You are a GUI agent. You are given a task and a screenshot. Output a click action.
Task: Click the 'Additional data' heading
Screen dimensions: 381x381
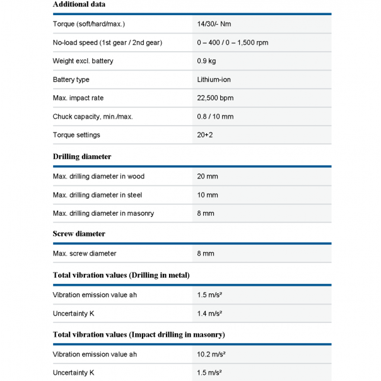[x=79, y=4]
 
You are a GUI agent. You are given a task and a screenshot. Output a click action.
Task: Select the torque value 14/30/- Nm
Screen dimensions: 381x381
[x=216, y=24]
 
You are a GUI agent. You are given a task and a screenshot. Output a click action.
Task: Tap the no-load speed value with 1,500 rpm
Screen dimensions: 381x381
[x=232, y=42]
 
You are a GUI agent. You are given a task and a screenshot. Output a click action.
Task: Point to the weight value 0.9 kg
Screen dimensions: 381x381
[x=206, y=61]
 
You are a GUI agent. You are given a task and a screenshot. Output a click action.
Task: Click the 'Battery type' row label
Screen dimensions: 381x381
[x=71, y=79]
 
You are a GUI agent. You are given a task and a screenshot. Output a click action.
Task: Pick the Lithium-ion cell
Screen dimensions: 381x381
[x=214, y=79]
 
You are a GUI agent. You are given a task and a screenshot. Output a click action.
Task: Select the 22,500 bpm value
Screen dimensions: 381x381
[x=215, y=98]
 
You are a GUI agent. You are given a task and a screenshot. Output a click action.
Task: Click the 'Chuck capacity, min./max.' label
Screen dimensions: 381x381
[x=93, y=117]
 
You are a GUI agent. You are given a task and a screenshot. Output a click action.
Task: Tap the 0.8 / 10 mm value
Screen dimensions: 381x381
[x=215, y=117]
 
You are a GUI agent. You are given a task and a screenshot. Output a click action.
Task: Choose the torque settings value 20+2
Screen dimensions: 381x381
[x=206, y=135]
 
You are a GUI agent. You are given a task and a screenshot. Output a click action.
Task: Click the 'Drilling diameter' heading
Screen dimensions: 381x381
[x=82, y=156]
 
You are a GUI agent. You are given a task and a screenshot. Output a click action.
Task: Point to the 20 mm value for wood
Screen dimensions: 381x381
[x=207, y=177]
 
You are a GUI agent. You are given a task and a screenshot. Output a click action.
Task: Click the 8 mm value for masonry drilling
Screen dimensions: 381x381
[x=206, y=213]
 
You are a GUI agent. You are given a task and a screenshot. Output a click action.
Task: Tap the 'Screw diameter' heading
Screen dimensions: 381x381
[x=79, y=233]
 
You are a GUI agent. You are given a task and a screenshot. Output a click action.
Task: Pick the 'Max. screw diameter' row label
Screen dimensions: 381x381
[x=85, y=254]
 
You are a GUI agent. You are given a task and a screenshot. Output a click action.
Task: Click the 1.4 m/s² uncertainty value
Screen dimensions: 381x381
[x=209, y=313]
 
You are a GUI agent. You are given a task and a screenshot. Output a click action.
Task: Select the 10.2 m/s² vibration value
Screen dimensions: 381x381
[x=211, y=355]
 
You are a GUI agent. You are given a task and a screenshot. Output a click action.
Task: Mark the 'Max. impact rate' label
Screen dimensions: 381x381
[x=78, y=98]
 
